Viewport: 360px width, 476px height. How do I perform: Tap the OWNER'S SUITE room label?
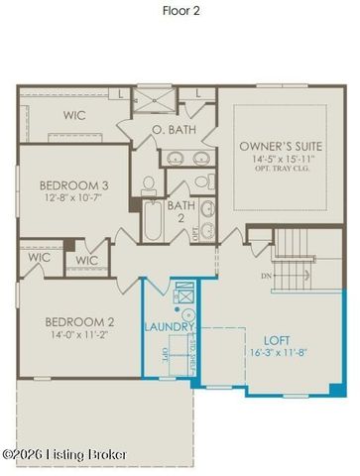(x=277, y=147)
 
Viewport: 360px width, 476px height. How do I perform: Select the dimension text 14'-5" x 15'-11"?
(x=277, y=159)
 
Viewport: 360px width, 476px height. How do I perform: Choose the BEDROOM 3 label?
(x=73, y=185)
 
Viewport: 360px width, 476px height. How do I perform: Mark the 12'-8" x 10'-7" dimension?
(x=73, y=198)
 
